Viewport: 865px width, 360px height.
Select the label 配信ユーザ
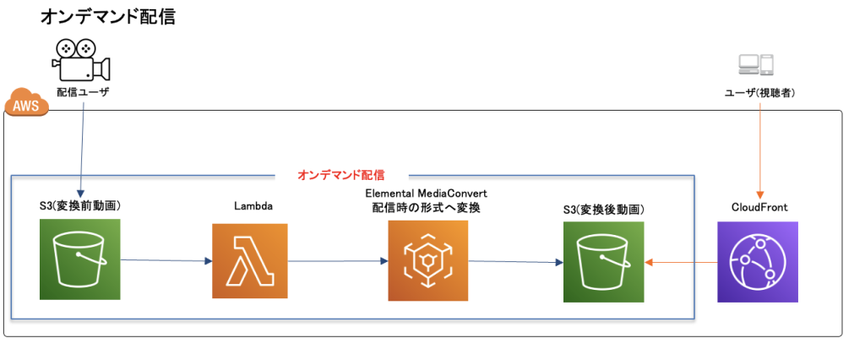(x=82, y=91)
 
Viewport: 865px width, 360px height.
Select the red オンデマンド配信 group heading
(x=341, y=176)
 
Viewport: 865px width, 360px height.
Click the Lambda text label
(x=251, y=205)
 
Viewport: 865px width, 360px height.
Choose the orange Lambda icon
(x=250, y=261)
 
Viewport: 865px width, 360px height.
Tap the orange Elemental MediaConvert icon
(x=427, y=261)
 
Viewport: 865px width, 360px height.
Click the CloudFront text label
(x=758, y=207)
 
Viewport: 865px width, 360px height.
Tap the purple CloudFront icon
(x=758, y=262)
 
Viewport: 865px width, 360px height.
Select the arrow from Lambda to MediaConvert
(x=338, y=261)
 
